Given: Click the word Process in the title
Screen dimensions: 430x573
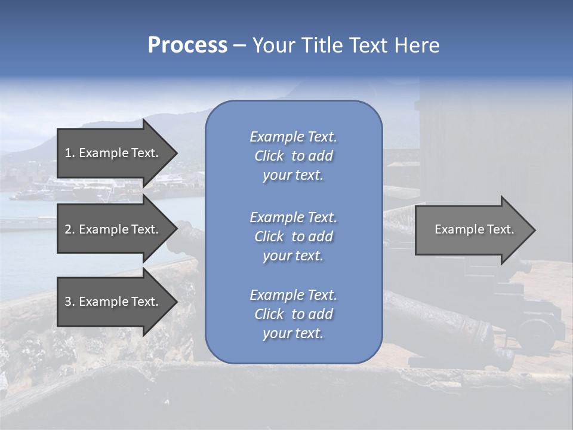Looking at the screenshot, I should pos(187,45).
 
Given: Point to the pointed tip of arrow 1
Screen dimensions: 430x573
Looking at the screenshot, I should pos(176,153).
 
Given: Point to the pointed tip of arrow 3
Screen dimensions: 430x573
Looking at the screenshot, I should pos(176,302).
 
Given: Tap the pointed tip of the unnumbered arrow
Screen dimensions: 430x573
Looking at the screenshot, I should pos(534,230).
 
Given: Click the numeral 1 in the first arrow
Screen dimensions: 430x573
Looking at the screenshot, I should pos(68,153).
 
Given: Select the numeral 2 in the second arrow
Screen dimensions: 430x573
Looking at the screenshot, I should pos(68,229).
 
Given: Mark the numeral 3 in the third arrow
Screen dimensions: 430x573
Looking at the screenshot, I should pos(68,302).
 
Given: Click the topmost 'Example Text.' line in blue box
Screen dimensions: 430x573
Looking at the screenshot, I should pos(293,137).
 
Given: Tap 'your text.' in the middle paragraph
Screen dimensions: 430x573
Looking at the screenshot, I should pos(293,256).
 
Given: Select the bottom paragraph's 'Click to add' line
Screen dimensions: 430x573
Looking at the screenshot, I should pos(293,314).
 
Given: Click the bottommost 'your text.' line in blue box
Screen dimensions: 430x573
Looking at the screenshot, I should pos(293,333).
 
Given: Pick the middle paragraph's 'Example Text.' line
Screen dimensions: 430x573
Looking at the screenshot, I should pos(293,217).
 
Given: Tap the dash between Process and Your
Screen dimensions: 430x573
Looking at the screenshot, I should pos(239,46).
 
